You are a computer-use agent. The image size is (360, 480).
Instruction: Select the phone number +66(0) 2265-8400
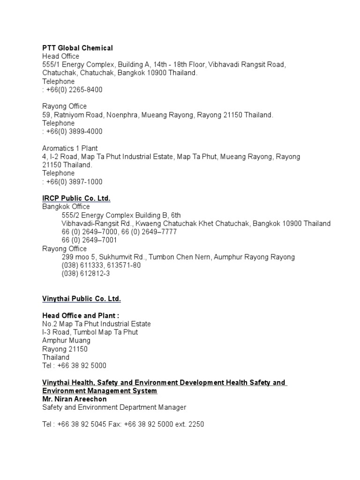74,90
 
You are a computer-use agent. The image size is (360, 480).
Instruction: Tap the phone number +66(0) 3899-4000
74,131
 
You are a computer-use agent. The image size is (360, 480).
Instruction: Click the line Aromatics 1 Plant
70,148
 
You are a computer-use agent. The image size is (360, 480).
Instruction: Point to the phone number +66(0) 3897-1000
74,181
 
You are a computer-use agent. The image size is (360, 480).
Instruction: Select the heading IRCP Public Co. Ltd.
76,198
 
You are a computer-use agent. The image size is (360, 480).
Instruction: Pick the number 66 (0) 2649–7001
90,240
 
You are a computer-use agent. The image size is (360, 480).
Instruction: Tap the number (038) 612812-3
86,274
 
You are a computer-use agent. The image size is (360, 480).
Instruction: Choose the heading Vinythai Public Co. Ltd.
82,299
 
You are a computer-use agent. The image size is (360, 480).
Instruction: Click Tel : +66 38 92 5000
74,366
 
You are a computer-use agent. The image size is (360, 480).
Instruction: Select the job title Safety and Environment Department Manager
114,407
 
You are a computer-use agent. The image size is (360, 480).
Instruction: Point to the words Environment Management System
99,390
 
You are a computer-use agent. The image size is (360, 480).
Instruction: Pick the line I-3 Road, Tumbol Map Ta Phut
90,332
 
